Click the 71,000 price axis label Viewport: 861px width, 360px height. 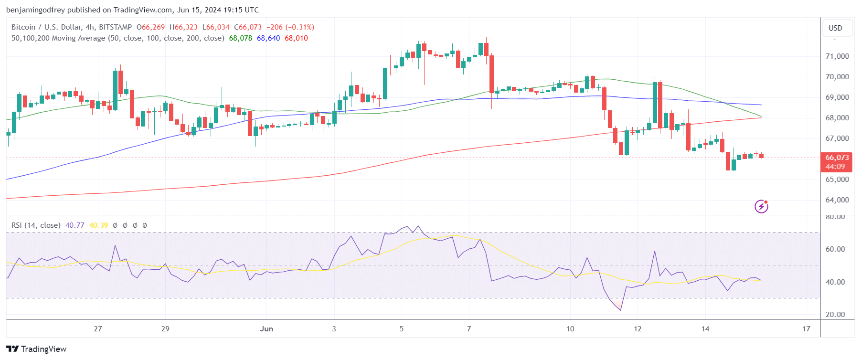tap(837, 56)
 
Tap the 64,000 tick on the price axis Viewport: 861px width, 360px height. tap(837, 200)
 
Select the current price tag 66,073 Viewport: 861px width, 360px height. tap(837, 158)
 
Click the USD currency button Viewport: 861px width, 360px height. tap(835, 28)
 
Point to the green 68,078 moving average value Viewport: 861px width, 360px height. tap(240, 38)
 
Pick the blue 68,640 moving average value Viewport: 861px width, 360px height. tap(268, 38)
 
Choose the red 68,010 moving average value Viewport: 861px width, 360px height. tap(296, 38)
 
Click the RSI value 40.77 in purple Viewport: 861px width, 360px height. tap(74, 225)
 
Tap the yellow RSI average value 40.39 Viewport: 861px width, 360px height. tap(98, 225)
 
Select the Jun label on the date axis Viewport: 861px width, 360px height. tap(266, 329)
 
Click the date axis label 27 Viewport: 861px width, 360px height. tap(98, 329)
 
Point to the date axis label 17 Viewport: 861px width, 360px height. tap(806, 329)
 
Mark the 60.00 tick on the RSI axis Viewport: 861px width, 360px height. tap(835, 249)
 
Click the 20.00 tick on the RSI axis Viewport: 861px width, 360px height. tap(835, 315)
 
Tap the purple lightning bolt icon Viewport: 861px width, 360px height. tap(761, 206)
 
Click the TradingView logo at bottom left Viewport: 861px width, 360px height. tap(36, 349)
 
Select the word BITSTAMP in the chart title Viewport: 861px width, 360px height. tap(115, 27)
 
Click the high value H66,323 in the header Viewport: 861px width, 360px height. tap(183, 27)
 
